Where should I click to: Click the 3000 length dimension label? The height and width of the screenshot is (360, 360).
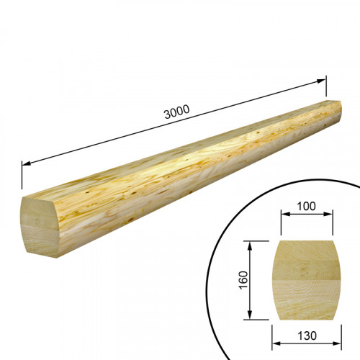tap(177, 112)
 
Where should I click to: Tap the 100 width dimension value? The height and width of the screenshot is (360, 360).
tap(306, 206)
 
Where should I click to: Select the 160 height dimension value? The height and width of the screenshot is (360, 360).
tap(243, 280)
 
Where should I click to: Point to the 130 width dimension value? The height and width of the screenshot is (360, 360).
tap(307, 336)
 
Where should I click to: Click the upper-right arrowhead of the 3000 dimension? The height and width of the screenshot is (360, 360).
tap(321, 81)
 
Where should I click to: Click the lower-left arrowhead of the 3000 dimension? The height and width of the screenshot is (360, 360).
tap(26, 163)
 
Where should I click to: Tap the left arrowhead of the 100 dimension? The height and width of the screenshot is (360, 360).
tap(285, 214)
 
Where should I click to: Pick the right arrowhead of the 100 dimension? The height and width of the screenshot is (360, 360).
tap(328, 214)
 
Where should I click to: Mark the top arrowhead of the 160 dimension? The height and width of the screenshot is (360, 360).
tap(250, 246)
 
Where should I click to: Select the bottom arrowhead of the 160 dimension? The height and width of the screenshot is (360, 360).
tap(250, 315)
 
